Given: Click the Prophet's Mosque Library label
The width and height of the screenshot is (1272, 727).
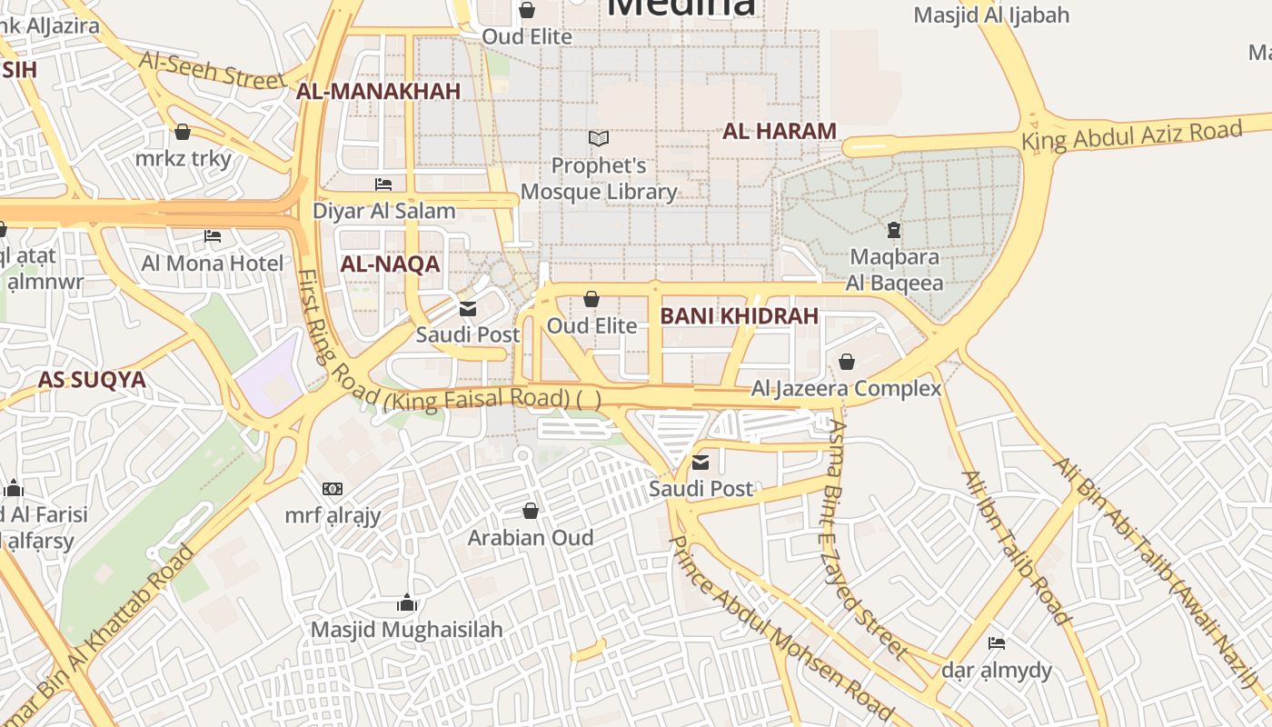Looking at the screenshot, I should (599, 179).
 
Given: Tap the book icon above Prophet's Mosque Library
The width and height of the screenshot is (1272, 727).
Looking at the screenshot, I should (599, 139).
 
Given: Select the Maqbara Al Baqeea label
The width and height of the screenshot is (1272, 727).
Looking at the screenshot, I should (894, 270).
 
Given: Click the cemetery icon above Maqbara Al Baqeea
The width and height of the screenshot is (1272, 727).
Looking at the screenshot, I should (894, 230).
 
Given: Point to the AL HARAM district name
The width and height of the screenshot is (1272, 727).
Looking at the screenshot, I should (780, 131).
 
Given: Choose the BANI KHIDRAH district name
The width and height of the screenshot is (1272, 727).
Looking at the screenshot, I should (739, 316).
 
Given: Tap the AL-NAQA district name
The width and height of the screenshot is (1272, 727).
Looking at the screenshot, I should (390, 264).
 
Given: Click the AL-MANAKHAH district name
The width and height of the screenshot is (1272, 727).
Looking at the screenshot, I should (378, 91).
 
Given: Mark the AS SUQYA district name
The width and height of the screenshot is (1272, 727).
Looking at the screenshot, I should (92, 380).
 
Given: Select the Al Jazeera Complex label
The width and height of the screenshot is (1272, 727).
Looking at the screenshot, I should (846, 389).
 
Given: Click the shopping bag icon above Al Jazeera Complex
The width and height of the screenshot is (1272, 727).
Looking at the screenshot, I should (847, 362).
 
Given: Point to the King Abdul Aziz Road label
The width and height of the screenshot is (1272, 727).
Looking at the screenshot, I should (1131, 135).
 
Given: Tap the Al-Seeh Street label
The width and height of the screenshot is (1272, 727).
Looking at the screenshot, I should (212, 69).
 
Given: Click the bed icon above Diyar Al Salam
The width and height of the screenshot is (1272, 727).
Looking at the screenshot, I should (383, 184).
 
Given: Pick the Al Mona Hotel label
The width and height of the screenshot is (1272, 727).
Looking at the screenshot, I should (213, 264).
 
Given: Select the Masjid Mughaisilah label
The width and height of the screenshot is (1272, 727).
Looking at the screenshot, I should (406, 630).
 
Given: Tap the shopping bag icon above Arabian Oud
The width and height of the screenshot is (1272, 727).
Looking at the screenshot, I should (531, 511).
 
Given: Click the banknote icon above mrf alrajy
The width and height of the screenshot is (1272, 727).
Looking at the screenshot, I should (333, 489).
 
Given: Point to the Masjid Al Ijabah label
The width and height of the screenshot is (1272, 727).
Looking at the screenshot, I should (991, 15).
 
